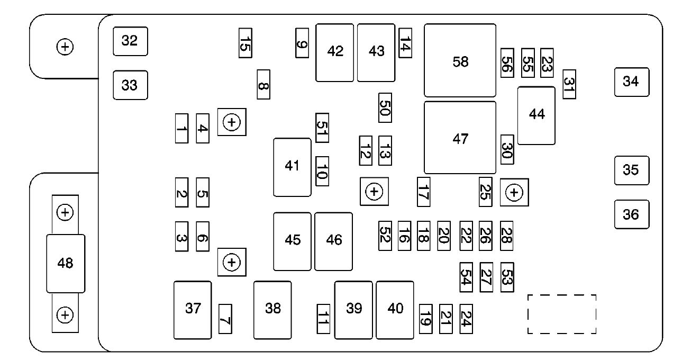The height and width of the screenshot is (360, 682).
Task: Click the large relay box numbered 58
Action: pos(460,60)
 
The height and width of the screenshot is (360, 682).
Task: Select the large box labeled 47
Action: pos(460,138)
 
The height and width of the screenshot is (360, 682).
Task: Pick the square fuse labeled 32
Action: pos(130,41)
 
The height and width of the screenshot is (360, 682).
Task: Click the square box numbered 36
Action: pos(631,214)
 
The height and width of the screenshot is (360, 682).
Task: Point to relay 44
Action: pos(536,115)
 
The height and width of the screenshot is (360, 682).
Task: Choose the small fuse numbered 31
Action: pos(569,84)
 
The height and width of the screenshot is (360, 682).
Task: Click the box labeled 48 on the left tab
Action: pos(65,263)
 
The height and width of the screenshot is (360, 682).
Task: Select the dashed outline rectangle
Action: pos(562,314)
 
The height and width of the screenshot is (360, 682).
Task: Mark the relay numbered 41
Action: pos(292,167)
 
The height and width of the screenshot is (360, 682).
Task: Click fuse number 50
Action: pos(385,107)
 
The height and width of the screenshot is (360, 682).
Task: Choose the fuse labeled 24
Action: pos(466,319)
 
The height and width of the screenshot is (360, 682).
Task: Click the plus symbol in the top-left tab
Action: pos(65,47)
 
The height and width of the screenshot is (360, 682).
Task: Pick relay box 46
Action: pos(333,241)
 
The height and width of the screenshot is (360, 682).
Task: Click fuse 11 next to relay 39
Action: pos(323,319)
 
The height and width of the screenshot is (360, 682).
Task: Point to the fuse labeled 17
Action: pos(423,191)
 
